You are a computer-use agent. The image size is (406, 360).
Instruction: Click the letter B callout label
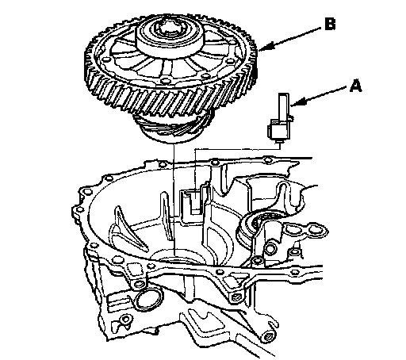point(330,24)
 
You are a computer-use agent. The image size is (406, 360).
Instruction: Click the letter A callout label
point(355,86)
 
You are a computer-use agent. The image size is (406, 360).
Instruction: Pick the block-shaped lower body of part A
point(278,129)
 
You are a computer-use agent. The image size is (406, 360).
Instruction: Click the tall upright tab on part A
point(284,106)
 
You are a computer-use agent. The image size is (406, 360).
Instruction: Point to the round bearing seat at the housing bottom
point(178,257)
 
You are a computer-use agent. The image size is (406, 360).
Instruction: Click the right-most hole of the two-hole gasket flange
point(315,229)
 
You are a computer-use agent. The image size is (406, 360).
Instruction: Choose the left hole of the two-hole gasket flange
point(292,228)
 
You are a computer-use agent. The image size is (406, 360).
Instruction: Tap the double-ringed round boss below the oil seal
point(270,248)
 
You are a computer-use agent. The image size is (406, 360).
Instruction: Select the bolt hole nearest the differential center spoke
point(166,79)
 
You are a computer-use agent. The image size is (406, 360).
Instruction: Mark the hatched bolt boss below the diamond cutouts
point(236,298)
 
